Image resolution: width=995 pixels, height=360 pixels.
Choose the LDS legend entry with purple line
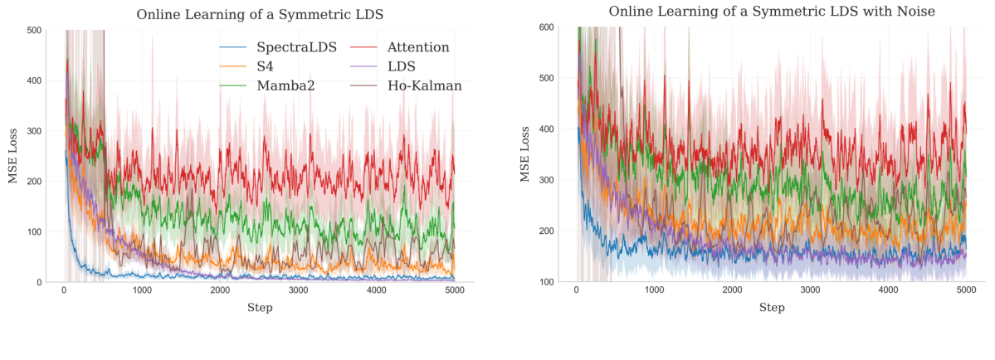pyautogui.click(x=400, y=66)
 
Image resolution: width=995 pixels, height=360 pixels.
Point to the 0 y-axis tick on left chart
pyautogui.click(x=38, y=283)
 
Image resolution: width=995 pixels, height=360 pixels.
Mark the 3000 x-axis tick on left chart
pyautogui.click(x=298, y=290)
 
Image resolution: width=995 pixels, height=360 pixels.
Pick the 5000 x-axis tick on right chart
pyautogui.click(x=966, y=290)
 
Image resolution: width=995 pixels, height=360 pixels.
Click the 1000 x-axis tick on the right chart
pyautogui.click(x=654, y=290)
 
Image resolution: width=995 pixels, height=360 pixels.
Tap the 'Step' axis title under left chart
pyautogui.click(x=260, y=308)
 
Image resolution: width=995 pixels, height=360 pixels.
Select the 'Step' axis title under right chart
pyautogui.click(x=772, y=308)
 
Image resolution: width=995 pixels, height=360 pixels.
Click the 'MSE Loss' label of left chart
pyautogui.click(x=12, y=156)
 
